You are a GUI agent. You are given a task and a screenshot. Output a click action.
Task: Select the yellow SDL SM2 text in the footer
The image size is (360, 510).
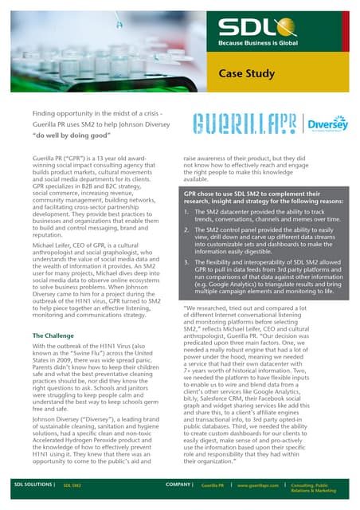(73, 484)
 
